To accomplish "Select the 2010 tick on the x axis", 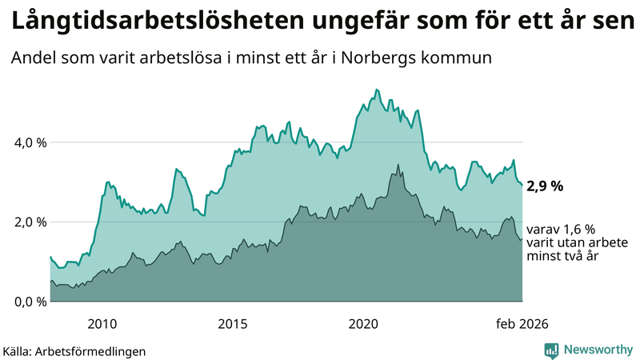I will click(102, 323).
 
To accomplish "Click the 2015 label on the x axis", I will click(233, 323).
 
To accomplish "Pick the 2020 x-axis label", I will click(363, 323).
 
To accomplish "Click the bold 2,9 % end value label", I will click(545, 186).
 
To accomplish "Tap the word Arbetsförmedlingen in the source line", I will click(95, 350).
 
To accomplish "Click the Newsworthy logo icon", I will click(551, 350).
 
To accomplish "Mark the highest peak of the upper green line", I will click(376, 90).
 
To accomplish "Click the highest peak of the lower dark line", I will click(398, 165).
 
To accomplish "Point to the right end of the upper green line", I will click(522, 185).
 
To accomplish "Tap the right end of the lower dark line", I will click(522, 238).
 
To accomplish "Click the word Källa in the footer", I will click(21, 350).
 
